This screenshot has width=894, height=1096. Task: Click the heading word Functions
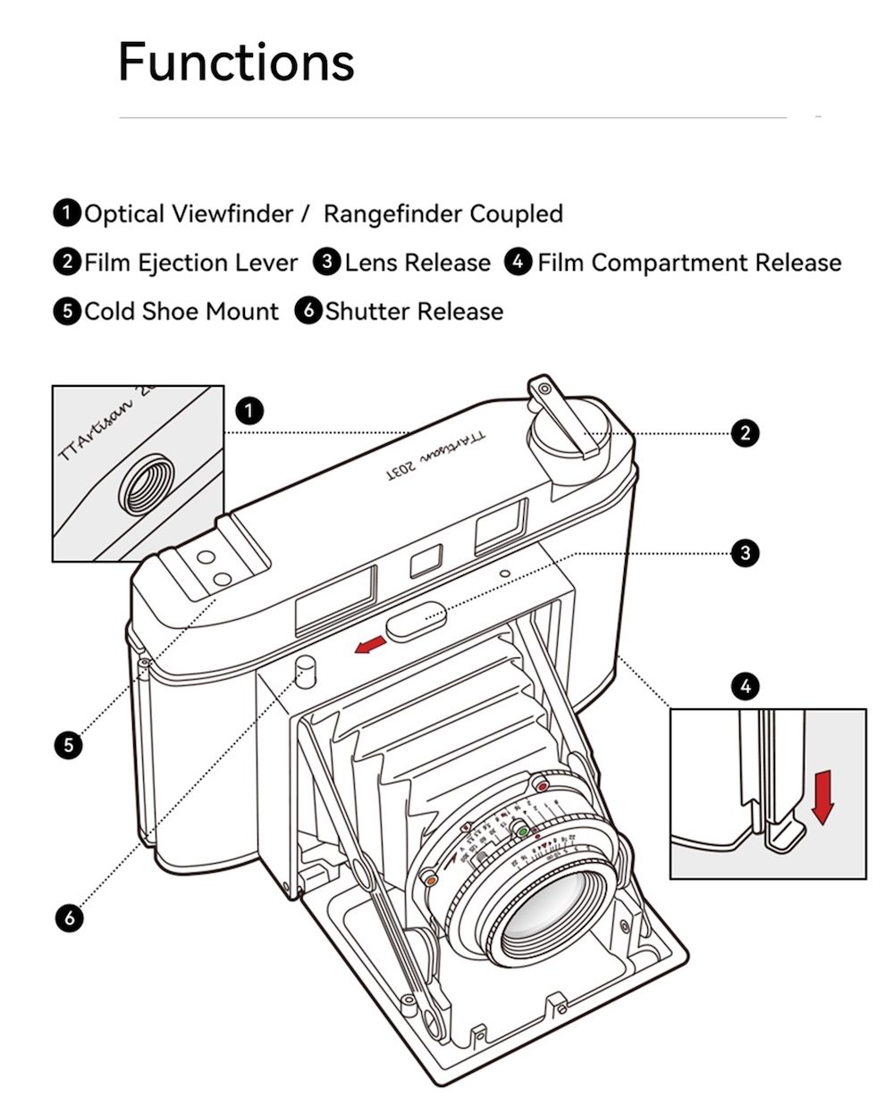236,62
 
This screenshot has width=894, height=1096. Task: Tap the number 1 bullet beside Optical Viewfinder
66,213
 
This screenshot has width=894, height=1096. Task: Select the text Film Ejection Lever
190,263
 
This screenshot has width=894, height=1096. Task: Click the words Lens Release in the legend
417,263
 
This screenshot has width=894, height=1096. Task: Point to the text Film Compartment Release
689,263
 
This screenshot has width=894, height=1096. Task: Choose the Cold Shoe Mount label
181,312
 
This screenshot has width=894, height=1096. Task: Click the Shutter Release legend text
414,312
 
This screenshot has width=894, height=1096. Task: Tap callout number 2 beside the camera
745,434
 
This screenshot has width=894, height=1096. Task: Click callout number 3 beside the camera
745,553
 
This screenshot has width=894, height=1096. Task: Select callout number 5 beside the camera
68,744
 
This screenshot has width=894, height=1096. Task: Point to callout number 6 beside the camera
68,917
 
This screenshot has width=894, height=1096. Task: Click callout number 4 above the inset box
745,686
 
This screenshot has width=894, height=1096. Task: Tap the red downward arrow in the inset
822,798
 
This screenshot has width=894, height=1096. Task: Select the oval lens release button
417,618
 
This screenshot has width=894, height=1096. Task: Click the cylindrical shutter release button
307,672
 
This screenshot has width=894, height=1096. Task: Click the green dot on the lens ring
523,831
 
